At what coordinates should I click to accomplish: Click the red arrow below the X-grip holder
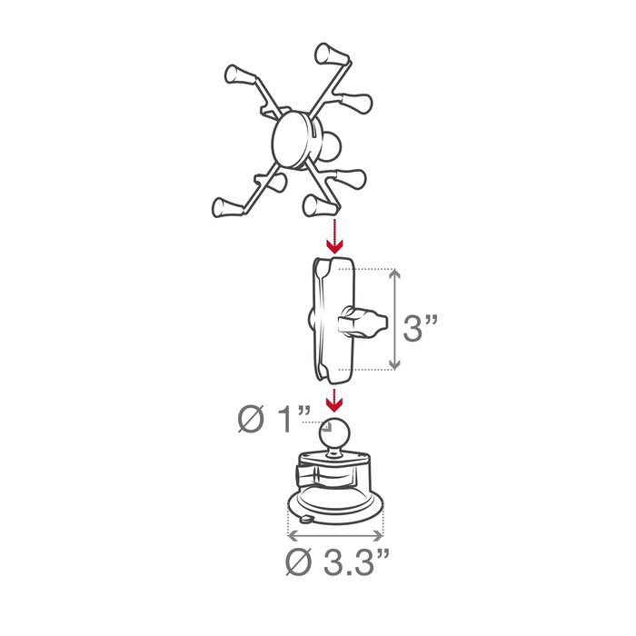pyautogui.click(x=335, y=239)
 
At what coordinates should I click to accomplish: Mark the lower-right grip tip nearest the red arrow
pyautogui.click(x=319, y=205)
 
